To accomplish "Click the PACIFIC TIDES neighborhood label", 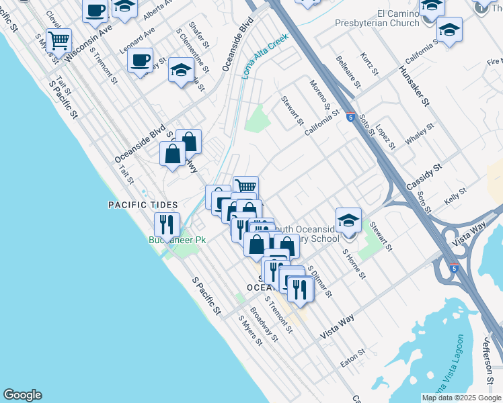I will (143, 205).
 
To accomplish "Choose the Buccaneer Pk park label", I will (177, 240).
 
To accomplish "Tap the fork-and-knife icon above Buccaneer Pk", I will (166, 224).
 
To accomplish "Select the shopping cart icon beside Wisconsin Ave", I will (59, 40).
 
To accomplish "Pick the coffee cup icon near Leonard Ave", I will (140, 60).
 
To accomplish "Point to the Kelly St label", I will (455, 197).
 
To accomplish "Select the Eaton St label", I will (352, 357).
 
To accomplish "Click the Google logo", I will (22, 395).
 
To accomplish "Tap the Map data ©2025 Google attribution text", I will (461, 398).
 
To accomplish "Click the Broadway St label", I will (264, 324).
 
